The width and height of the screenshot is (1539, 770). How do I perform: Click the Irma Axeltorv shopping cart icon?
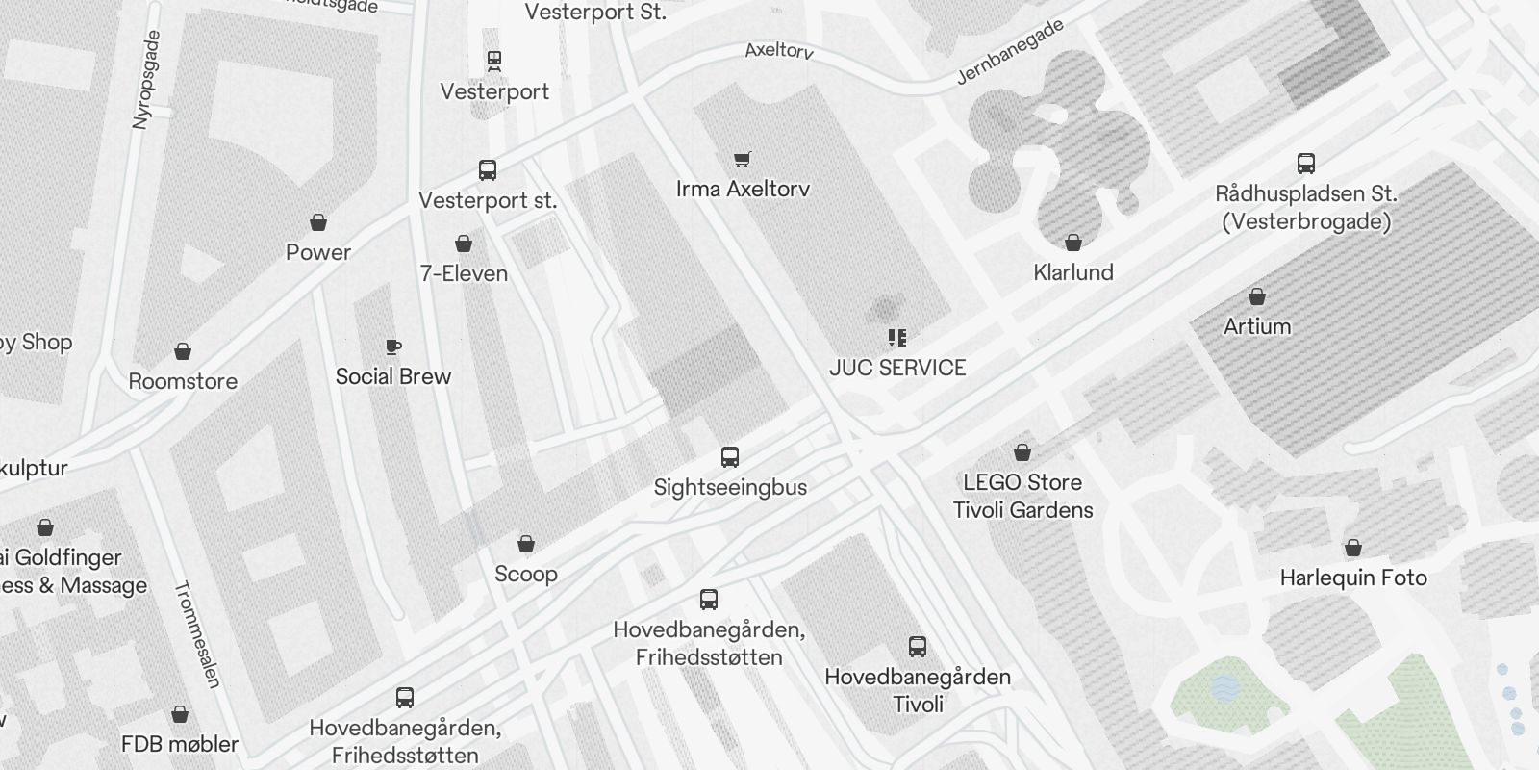pos(742,160)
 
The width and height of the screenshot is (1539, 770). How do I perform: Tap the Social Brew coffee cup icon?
pos(392,346)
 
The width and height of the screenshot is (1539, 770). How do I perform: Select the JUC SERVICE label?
pos(897,368)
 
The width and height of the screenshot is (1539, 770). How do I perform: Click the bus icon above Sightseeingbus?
pos(730,457)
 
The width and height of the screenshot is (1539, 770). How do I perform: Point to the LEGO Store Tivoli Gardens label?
pos(1022,496)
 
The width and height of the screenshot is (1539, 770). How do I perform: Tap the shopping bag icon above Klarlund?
pos(1073,243)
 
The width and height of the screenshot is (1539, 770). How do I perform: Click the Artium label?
pos(1257,326)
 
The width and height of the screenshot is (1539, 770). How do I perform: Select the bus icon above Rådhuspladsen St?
pos(1305,164)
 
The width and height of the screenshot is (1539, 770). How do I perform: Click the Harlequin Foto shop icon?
pos(1353,549)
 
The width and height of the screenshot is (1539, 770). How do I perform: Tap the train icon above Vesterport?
pos(494,61)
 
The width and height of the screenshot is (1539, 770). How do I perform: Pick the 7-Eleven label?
pos(464,273)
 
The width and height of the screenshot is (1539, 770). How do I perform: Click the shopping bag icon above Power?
pos(318,223)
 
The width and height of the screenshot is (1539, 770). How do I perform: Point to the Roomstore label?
pos(183,381)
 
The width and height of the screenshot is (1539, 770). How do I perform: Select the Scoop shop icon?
pos(526,545)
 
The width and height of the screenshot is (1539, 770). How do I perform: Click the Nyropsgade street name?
pos(145,79)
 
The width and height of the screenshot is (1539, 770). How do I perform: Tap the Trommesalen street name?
pos(198,634)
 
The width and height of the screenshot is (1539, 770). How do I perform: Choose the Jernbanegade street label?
pos(1010,52)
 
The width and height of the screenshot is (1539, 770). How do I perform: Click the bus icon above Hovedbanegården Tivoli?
pos(918,647)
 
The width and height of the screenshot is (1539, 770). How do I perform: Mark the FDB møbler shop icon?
pos(180,714)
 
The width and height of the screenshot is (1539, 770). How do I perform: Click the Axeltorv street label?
pos(779,49)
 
